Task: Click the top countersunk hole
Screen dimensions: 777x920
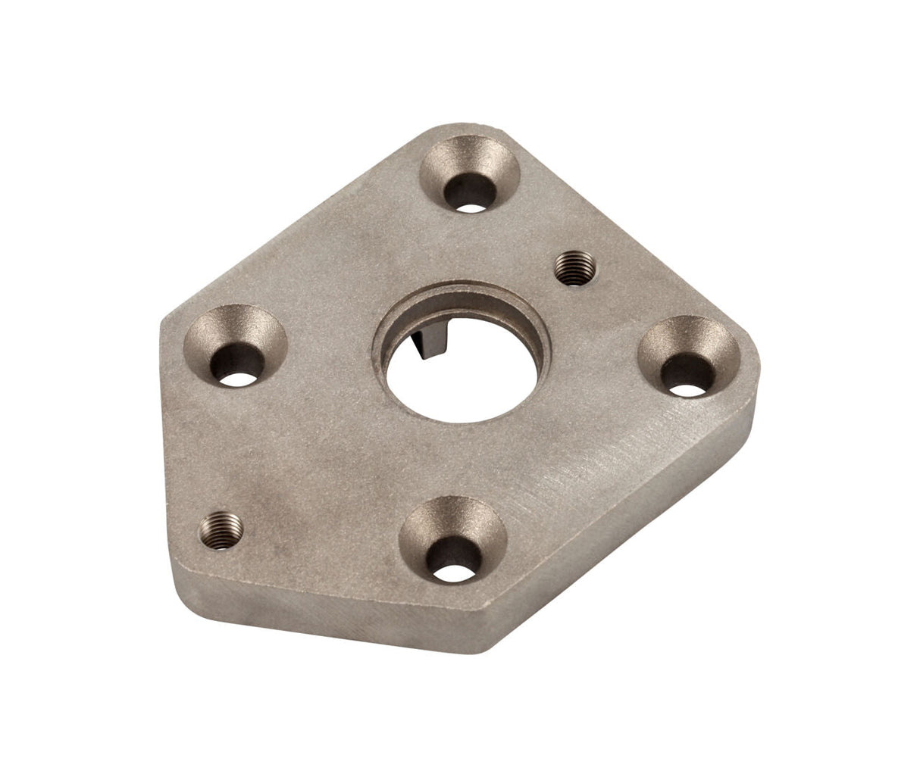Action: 470,173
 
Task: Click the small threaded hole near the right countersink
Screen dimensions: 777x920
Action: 574,270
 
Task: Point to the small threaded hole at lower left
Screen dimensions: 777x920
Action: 221,529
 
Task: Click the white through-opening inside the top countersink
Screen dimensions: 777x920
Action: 472,205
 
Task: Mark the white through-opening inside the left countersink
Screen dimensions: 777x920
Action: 239,378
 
